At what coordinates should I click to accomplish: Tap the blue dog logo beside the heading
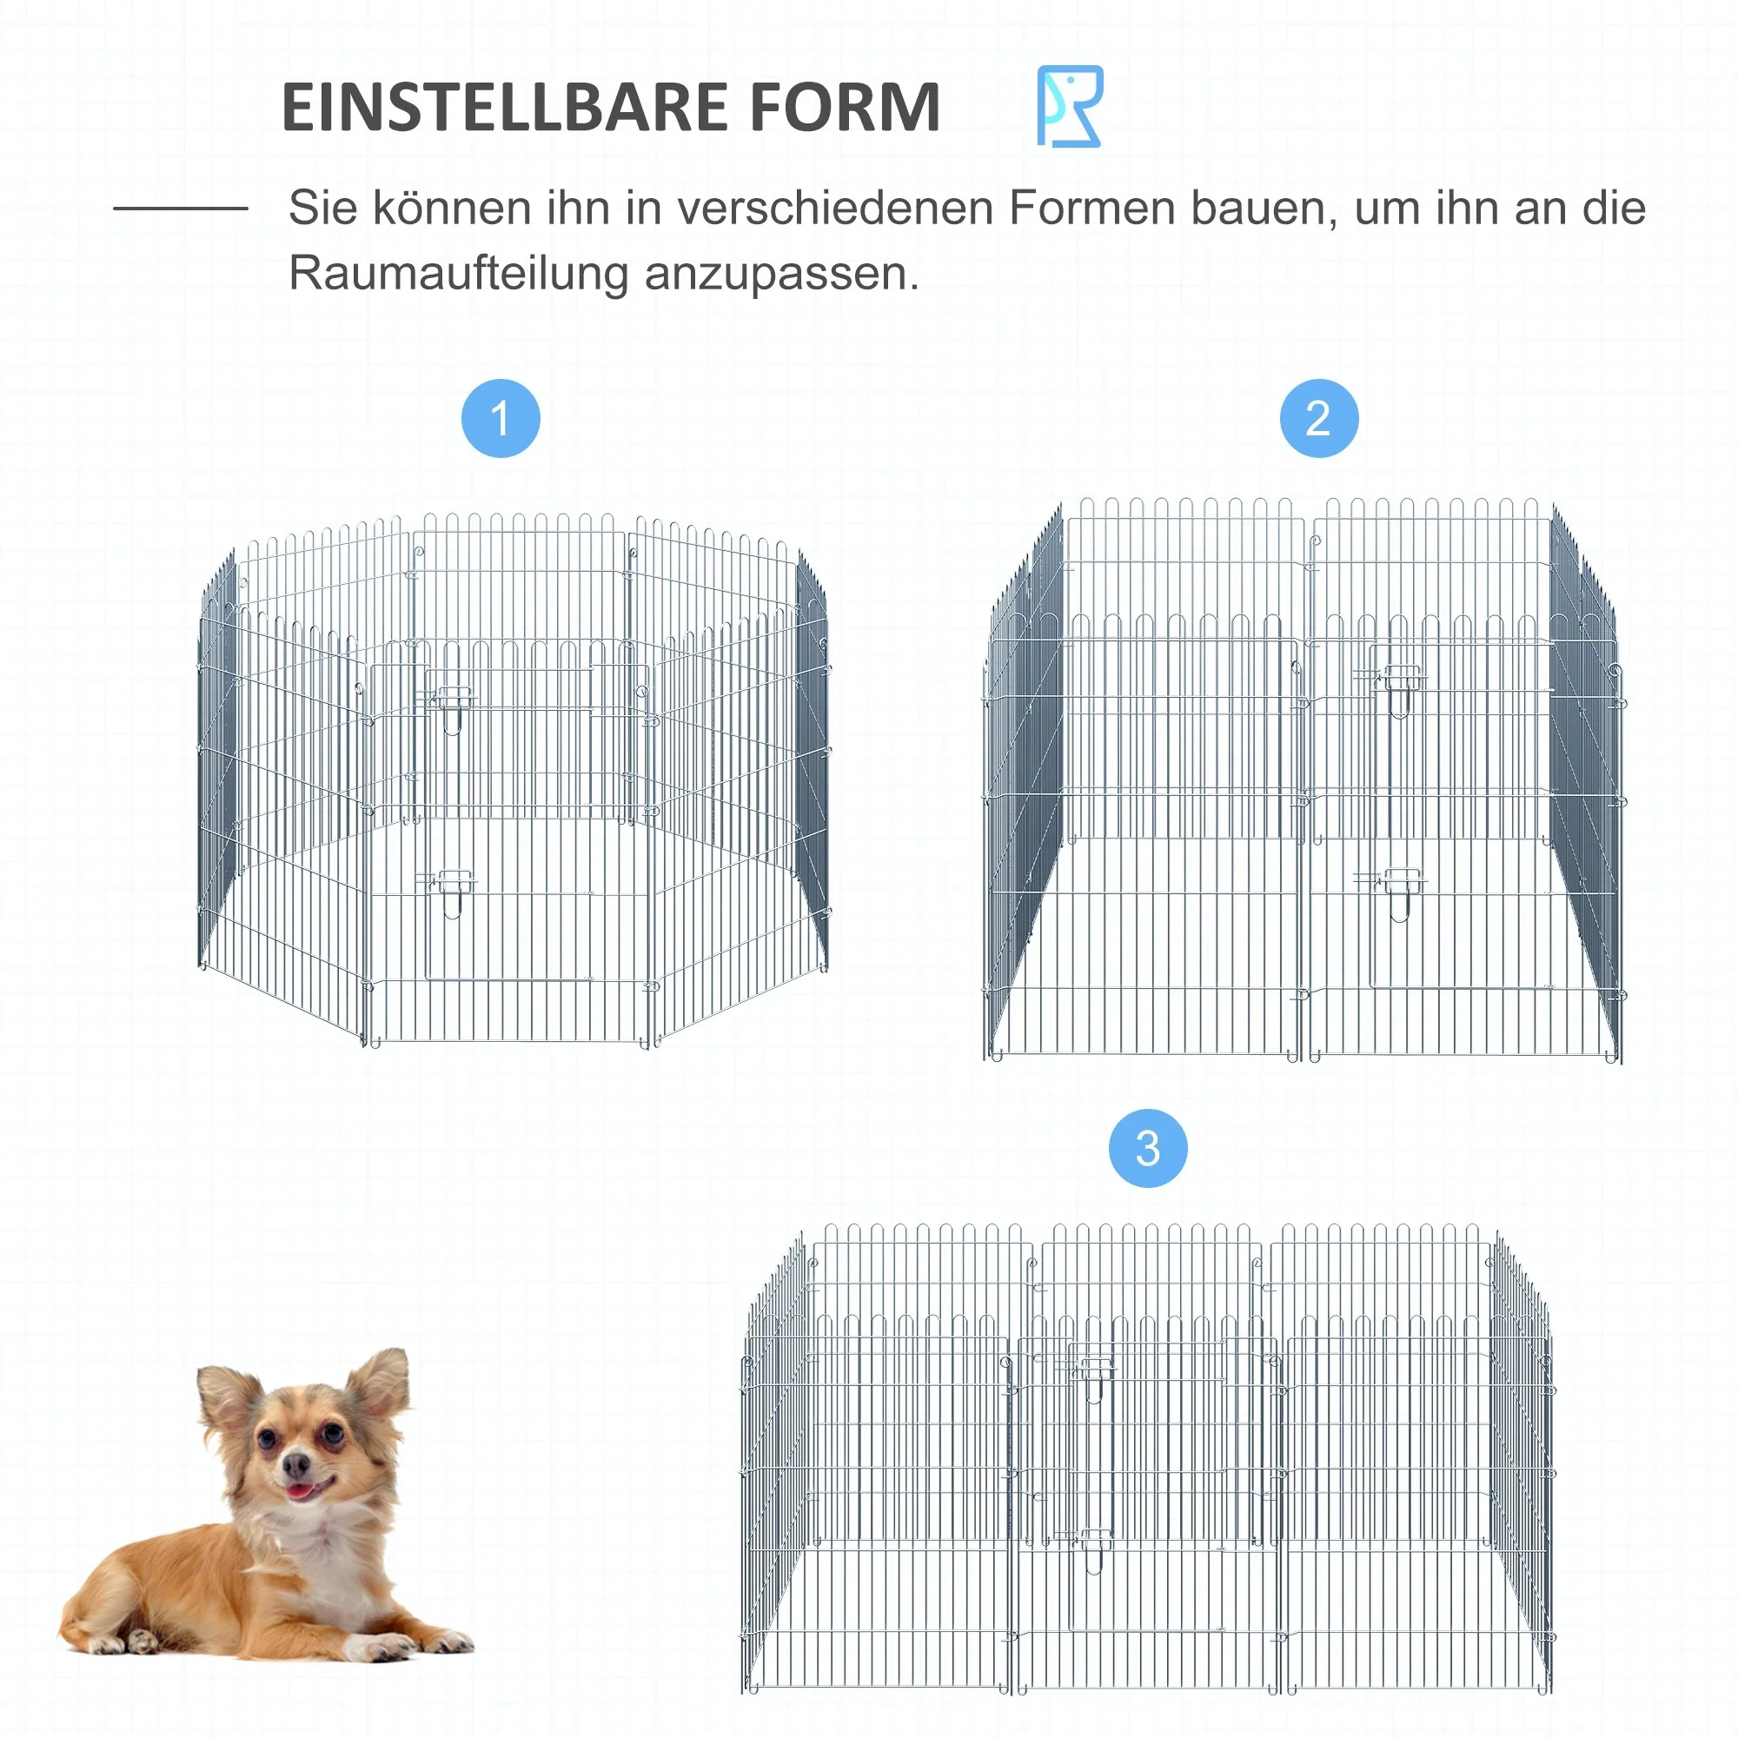[1069, 106]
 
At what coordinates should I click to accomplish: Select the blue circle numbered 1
[501, 418]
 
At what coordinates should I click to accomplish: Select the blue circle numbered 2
[1319, 418]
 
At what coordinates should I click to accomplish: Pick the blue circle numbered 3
[1148, 1149]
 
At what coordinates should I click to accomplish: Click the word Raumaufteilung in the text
[458, 274]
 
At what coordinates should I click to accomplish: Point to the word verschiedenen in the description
[835, 209]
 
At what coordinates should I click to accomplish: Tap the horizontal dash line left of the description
[180, 209]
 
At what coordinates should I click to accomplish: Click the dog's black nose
[295, 1467]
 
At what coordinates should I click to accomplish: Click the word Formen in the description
[1091, 209]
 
